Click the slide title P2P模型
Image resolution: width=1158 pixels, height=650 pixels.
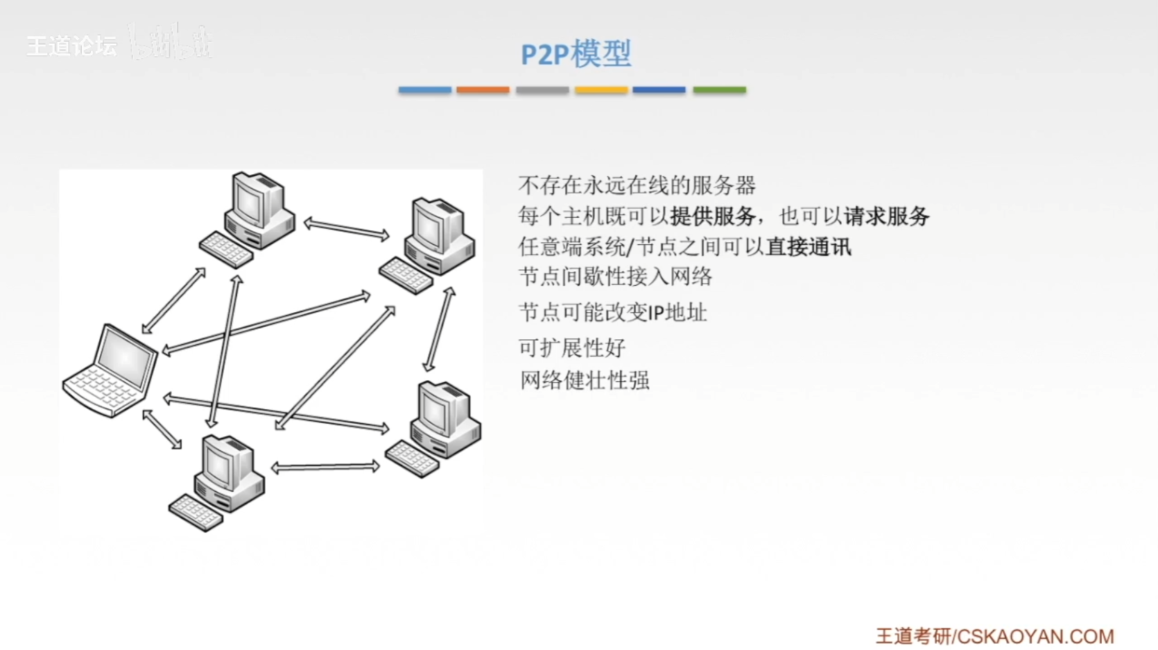pyautogui.click(x=576, y=54)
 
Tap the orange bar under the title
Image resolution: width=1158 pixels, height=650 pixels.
pyautogui.click(x=483, y=89)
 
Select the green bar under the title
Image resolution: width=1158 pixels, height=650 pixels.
pyautogui.click(x=719, y=89)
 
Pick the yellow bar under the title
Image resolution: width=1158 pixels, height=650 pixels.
pyautogui.click(x=601, y=89)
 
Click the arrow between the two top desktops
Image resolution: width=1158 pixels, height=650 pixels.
pyautogui.click(x=347, y=229)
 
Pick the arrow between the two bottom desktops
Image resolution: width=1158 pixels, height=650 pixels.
pyautogui.click(x=325, y=467)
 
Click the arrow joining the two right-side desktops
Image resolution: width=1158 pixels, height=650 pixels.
pyautogui.click(x=440, y=330)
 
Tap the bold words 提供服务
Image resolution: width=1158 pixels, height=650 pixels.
pyautogui.click(x=713, y=216)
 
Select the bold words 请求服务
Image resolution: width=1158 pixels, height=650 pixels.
pyautogui.click(x=886, y=216)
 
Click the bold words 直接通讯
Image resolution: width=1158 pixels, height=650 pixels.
pyautogui.click(x=809, y=247)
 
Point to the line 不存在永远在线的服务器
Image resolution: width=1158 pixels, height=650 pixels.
pyautogui.click(x=637, y=185)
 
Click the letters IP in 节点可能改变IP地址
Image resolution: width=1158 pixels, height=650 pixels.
pyautogui.click(x=656, y=314)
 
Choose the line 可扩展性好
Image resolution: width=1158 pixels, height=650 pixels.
pyautogui.click(x=572, y=348)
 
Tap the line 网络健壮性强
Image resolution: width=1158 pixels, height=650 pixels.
pyautogui.click(x=585, y=380)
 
